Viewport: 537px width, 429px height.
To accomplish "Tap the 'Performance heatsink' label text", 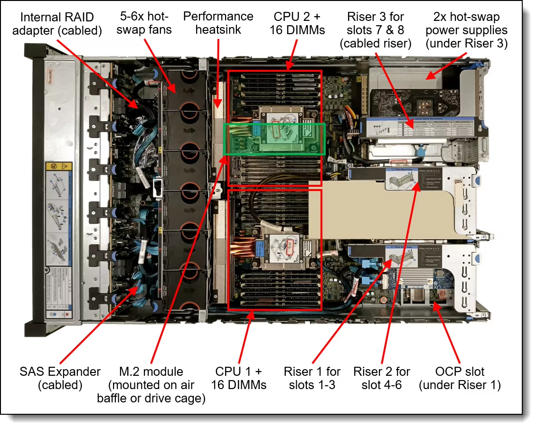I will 218,23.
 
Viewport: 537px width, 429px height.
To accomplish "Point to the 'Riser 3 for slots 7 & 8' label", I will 376,30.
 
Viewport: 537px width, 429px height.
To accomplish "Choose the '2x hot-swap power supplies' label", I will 466,30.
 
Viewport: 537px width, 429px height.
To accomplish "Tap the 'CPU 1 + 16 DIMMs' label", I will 239,378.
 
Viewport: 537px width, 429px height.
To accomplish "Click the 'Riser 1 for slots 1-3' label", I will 312,378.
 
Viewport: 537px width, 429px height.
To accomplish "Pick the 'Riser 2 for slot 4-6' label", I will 382,378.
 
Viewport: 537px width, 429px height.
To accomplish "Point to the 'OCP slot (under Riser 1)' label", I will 460,378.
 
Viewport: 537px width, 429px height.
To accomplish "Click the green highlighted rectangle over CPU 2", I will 274,139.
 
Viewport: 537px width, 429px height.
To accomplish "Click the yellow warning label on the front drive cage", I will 58,167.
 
